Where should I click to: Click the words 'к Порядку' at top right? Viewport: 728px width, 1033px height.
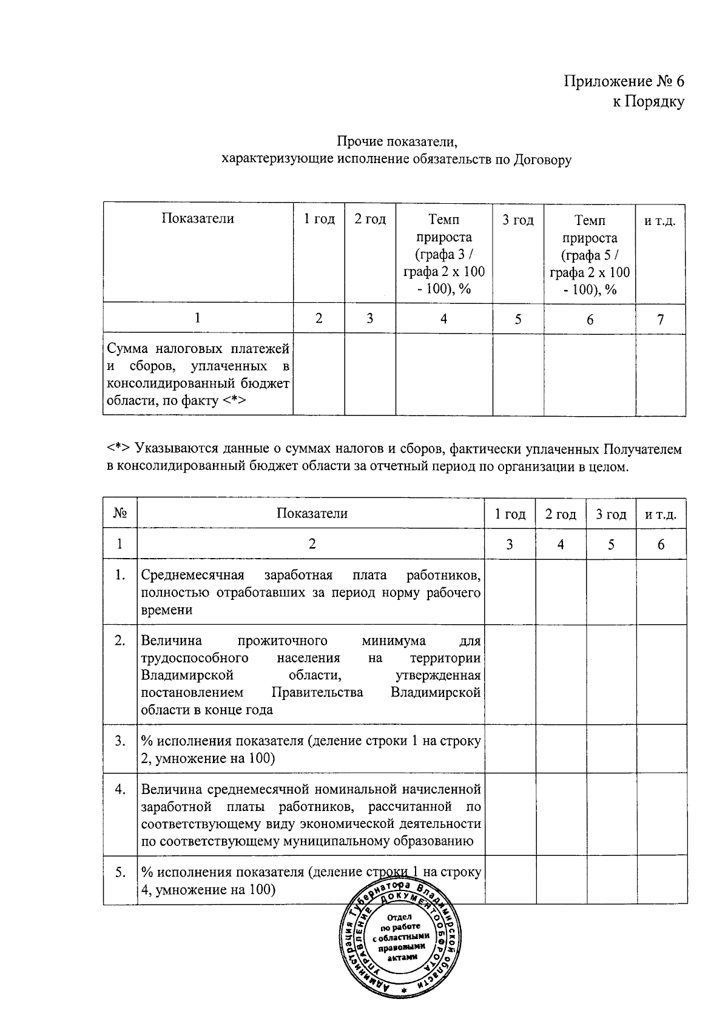click(647, 102)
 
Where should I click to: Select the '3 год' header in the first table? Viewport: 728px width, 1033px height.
click(517, 220)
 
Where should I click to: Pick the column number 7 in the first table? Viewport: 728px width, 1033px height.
click(660, 319)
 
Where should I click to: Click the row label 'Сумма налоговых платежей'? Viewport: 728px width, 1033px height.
click(198, 349)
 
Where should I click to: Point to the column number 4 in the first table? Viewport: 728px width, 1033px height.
click(443, 319)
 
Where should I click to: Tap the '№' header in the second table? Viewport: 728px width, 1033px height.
click(120, 514)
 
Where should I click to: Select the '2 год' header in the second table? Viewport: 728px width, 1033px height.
click(560, 514)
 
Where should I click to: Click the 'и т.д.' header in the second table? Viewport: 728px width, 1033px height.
click(661, 514)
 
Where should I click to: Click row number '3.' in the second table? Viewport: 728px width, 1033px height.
click(120, 741)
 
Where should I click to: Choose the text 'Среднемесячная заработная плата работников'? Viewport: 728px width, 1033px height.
click(311, 575)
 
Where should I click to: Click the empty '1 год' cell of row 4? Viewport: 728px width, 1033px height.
click(510, 814)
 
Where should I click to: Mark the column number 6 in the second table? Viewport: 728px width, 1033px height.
click(661, 545)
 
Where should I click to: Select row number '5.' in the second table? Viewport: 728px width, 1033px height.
click(120, 872)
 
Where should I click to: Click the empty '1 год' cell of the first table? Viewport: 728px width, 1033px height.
click(318, 374)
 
